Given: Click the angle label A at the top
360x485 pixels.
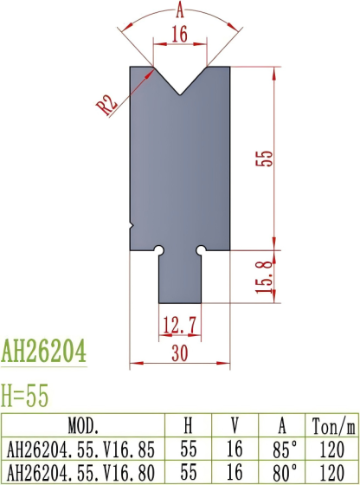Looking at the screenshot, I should (179, 10).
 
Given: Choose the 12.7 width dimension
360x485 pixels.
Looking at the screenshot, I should (179, 326).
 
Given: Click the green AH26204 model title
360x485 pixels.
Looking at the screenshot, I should (43, 352).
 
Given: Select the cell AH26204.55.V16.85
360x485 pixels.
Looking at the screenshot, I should (83, 449).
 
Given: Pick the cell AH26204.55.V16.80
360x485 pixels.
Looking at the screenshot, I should (83, 472).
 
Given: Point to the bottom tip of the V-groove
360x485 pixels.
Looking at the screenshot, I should (180, 94).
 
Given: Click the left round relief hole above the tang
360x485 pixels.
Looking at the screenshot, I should (159, 251).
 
